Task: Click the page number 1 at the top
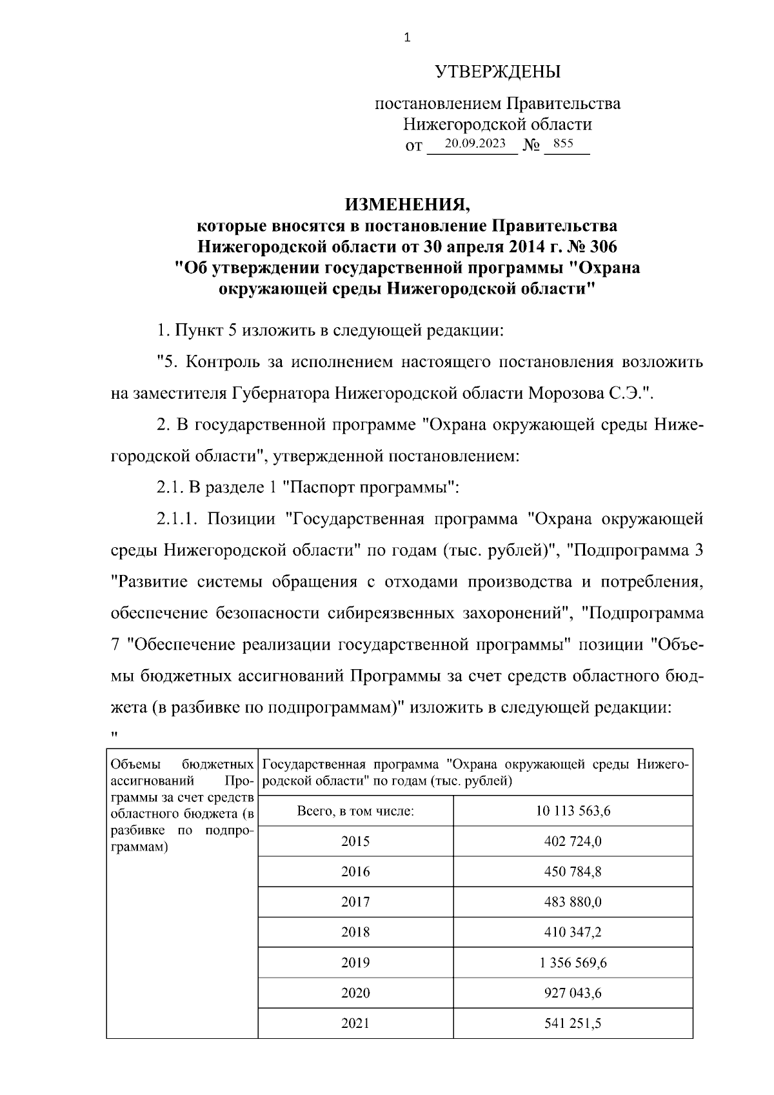point(406,38)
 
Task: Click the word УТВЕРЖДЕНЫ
point(497,72)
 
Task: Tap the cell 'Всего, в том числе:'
point(355,811)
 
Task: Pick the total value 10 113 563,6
point(573,811)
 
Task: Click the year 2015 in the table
point(355,841)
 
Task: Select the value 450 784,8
point(573,872)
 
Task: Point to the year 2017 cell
point(355,902)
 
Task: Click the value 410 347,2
point(573,932)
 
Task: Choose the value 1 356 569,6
point(573,963)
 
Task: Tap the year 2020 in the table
point(355,993)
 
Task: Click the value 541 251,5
point(573,1023)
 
